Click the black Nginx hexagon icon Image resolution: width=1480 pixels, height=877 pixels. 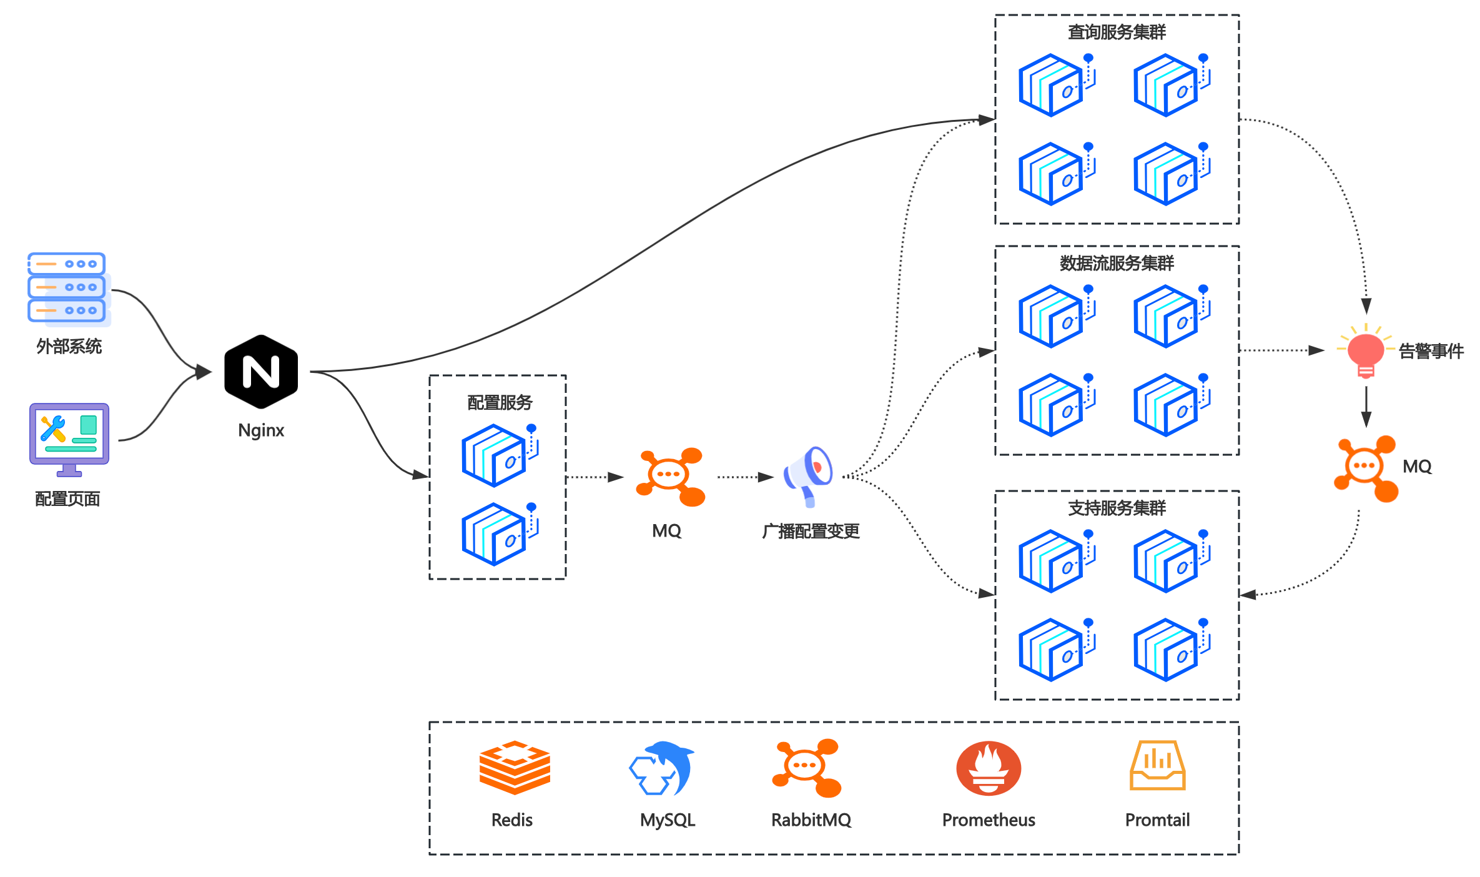click(261, 372)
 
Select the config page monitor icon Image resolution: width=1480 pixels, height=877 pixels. click(69, 439)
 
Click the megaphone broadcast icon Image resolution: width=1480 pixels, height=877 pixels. click(809, 475)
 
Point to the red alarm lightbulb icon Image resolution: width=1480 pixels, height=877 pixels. click(1366, 352)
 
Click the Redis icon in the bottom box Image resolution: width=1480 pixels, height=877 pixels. click(515, 768)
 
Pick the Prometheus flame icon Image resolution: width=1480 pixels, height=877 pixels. click(989, 768)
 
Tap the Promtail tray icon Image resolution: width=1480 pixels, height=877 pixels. click(1157, 766)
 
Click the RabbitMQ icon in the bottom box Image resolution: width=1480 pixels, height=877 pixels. click(807, 768)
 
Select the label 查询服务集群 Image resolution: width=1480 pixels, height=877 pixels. click(1117, 32)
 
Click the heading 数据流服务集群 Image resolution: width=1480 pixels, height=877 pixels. click(1117, 263)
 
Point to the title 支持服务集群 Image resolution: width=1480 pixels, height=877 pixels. click(1117, 508)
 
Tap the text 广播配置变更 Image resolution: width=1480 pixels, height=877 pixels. click(811, 531)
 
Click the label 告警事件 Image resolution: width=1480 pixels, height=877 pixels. click(1431, 351)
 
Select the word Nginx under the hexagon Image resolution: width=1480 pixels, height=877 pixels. click(261, 430)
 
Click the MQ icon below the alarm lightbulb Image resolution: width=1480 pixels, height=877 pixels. click(1366, 468)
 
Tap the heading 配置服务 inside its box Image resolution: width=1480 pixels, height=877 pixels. click(500, 402)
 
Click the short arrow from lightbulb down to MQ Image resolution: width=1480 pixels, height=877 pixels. click(1366, 406)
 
